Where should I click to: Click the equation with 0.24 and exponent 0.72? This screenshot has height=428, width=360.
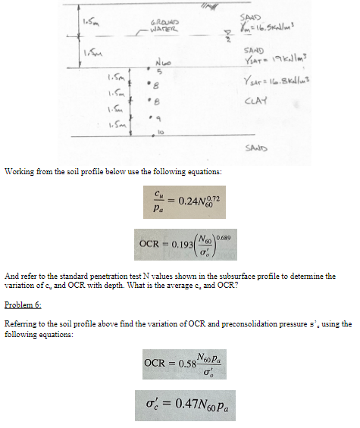click(180, 200)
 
